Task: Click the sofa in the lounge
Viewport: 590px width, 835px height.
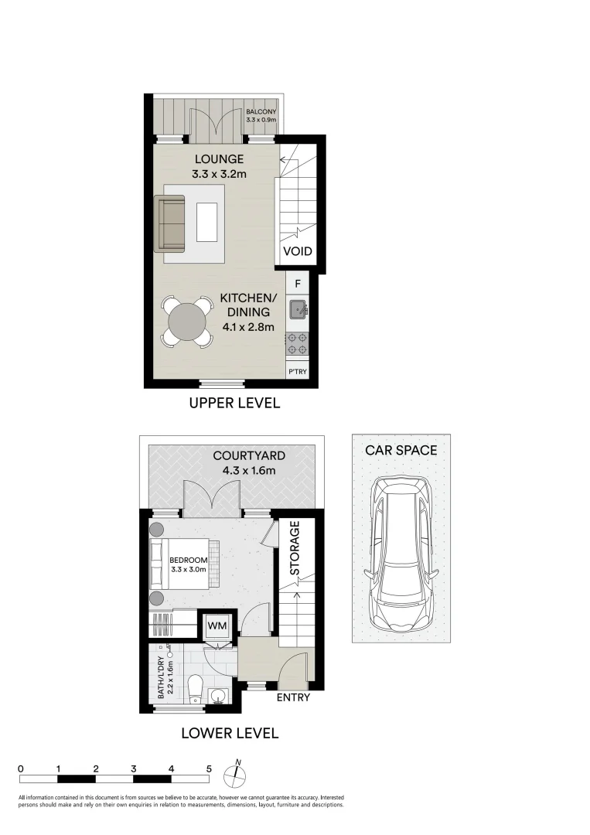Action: tap(170, 223)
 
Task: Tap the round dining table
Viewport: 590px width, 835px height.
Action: tap(186, 322)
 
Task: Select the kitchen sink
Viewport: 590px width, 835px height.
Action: tap(298, 311)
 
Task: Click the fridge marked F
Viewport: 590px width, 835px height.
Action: tap(298, 284)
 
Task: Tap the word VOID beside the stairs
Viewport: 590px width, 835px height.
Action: tap(298, 251)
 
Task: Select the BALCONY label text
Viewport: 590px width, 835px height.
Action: tap(261, 112)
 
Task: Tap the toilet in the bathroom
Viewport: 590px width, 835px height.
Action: tap(195, 687)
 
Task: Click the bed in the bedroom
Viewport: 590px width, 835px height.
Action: tap(186, 563)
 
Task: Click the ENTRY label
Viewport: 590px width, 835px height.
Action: tap(293, 697)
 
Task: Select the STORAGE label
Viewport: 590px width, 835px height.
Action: tap(295, 549)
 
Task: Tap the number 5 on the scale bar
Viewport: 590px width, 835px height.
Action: tap(209, 769)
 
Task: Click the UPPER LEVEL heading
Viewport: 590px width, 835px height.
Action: tap(234, 403)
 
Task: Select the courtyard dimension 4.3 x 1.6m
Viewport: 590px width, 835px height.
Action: tap(244, 470)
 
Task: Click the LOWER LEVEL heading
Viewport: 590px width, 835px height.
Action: tap(230, 733)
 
